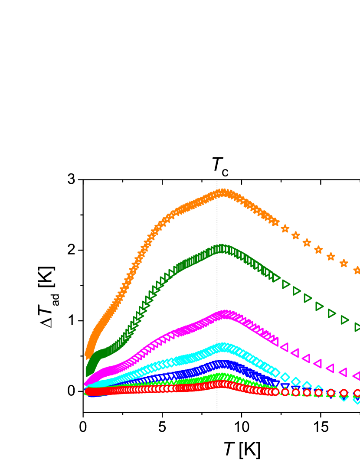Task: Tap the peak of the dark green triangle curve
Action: pyautogui.click(x=222, y=248)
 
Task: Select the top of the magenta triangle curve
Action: pyautogui.click(x=225, y=314)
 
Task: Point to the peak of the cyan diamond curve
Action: pyautogui.click(x=223, y=347)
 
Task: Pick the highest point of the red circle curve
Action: pyautogui.click(x=223, y=384)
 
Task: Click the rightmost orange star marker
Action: pyautogui.click(x=357, y=270)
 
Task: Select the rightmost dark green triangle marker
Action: pyautogui.click(x=358, y=327)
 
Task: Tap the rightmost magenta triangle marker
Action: pyautogui.click(x=357, y=376)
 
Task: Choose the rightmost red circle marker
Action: pyautogui.click(x=357, y=393)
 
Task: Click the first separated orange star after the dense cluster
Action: pyautogui.click(x=285, y=228)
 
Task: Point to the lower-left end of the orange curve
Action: pyautogui.click(x=87, y=355)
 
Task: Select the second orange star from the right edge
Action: pyautogui.click(x=344, y=263)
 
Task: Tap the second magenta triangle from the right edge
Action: pyautogui.click(x=343, y=372)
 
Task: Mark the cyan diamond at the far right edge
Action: pyautogui.click(x=357, y=399)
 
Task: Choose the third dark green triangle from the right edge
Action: pyautogui.click(x=332, y=313)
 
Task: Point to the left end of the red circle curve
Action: pyautogui.click(x=88, y=391)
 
